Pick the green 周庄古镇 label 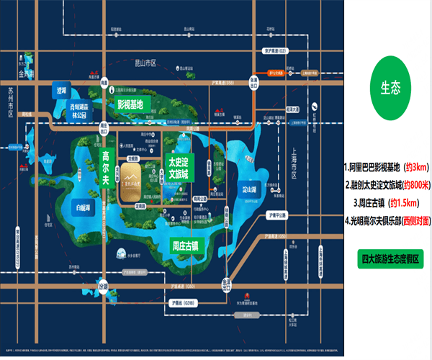click(189, 246)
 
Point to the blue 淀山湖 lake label click(250, 190)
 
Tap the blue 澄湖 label click(66, 91)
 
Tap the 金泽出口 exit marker click(226, 283)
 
